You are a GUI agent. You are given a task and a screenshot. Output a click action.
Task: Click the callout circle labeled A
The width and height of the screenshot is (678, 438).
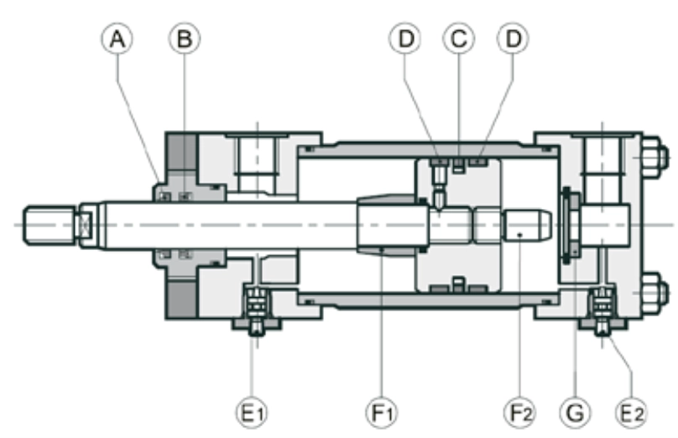pos(117,39)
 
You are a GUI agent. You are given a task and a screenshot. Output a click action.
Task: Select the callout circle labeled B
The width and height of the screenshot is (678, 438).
pos(185,39)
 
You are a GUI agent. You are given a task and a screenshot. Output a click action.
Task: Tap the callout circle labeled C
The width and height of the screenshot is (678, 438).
pos(459,39)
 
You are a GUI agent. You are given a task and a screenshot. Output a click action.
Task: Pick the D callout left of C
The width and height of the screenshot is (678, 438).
pos(405,39)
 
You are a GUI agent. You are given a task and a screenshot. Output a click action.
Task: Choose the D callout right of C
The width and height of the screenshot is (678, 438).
pos(513,39)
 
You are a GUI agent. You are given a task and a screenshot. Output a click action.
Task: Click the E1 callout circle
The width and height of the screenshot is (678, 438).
pos(252,413)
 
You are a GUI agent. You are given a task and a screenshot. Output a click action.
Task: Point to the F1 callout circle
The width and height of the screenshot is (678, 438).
pos(382,413)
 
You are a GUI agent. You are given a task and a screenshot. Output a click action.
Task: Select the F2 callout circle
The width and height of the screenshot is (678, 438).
pos(520,413)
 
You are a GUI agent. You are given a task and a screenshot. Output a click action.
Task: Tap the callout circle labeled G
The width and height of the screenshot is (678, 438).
pos(575,413)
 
